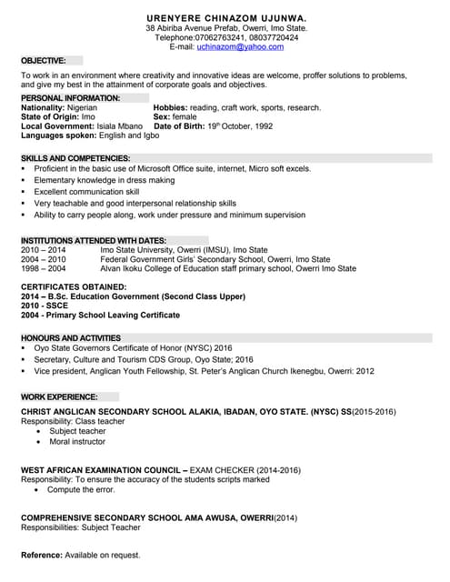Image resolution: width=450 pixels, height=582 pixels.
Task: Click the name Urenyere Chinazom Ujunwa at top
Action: pyautogui.click(x=226, y=17)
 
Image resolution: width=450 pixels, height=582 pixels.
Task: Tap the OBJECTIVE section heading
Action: pyautogui.click(x=44, y=60)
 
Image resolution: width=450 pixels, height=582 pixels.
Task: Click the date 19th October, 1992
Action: pyautogui.click(x=239, y=125)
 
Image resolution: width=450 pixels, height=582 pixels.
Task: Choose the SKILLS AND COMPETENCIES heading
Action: pyautogui.click(x=75, y=158)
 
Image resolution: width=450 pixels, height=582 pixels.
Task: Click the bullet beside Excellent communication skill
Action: pyautogui.click(x=23, y=193)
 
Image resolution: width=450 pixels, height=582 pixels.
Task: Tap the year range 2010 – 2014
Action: pyautogui.click(x=44, y=249)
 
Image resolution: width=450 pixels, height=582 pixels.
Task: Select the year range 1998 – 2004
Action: pyautogui.click(x=44, y=269)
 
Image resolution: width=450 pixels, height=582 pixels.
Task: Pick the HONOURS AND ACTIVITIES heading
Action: pyautogui.click(x=71, y=337)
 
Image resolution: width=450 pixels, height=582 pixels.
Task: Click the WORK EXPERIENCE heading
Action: pyautogui.click(x=59, y=397)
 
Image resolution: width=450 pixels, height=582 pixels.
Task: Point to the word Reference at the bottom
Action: pyautogui.click(x=41, y=555)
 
